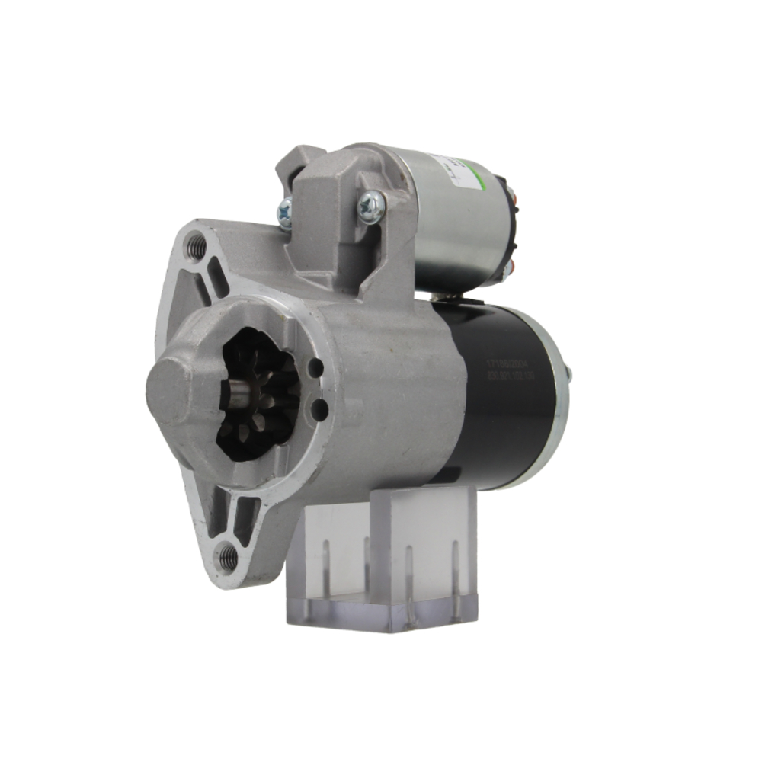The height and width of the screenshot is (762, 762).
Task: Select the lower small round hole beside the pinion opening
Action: point(320,410)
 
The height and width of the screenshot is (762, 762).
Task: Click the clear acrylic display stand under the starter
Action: point(381,564)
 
